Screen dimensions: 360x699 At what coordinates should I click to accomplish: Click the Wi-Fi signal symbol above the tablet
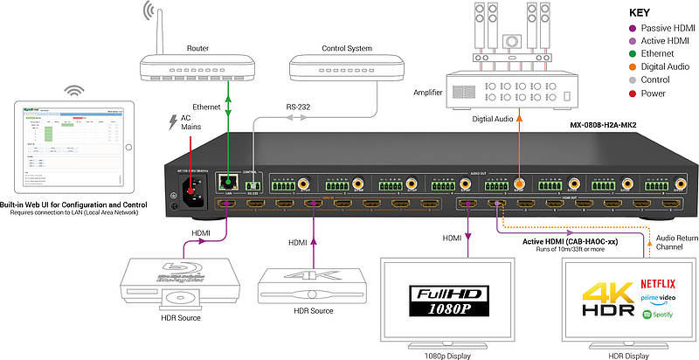coord(73,91)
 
